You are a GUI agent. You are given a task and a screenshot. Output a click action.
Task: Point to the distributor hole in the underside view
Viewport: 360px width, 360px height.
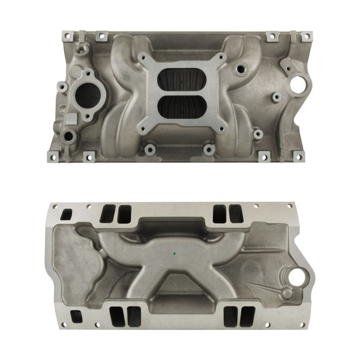295,277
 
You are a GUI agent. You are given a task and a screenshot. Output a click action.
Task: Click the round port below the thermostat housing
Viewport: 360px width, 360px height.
69,136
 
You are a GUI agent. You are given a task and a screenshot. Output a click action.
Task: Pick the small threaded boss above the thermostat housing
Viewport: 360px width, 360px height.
80,46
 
